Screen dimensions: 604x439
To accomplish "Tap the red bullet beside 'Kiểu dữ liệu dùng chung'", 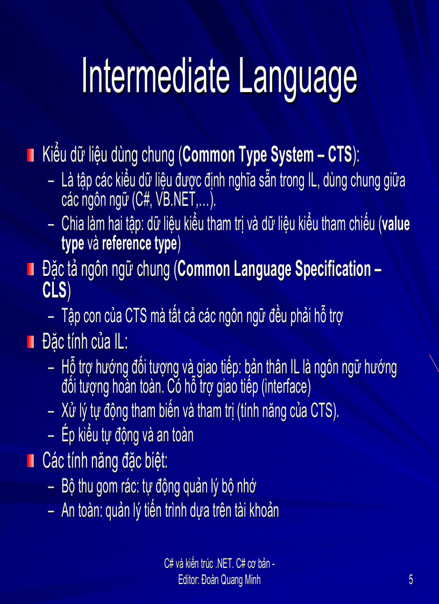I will pos(31,156).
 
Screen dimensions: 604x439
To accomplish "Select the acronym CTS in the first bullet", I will pos(339,155).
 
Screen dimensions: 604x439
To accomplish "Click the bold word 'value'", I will pos(396,224).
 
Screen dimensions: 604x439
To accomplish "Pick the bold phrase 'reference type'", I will pos(139,244).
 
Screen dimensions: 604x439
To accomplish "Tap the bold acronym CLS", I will pos(54,290).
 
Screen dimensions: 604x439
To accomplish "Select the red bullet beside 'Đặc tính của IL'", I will pos(31,342).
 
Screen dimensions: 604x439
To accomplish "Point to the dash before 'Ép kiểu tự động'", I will pos(51,435).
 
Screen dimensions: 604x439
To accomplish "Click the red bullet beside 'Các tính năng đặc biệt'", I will pos(31,461).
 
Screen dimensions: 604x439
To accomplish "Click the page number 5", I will pos(411,580).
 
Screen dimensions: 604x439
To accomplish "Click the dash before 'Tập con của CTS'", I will pos(51,316).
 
